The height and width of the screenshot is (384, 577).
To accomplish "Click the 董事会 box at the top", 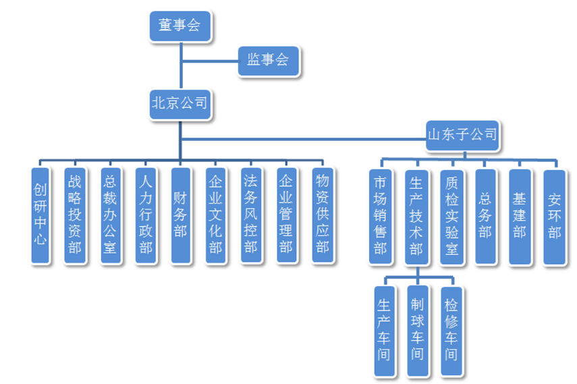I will [180, 26].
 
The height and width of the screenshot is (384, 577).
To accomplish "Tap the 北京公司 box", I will [180, 103].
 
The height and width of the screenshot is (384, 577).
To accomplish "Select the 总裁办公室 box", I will [109, 215].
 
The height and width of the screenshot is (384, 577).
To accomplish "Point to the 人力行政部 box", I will [144, 215].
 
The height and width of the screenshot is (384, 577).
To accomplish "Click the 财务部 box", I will [180, 215].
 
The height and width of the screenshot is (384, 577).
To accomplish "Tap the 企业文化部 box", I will [215, 215].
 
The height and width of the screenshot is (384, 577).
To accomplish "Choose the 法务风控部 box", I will [250, 215].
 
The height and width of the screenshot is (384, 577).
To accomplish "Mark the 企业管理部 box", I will [286, 215].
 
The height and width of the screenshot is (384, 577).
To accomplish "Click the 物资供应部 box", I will [322, 215].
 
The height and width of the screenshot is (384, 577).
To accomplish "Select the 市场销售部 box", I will [381, 216].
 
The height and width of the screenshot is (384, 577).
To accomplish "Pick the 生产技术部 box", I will [416, 216].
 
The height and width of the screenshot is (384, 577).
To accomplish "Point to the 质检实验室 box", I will [451, 216].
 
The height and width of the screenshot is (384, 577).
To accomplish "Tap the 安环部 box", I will [555, 216].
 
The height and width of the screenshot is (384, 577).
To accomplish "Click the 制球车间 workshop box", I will [418, 330].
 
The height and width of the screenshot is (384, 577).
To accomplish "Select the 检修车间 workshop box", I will [451, 330].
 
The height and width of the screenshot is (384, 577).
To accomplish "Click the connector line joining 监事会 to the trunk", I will [209, 61].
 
